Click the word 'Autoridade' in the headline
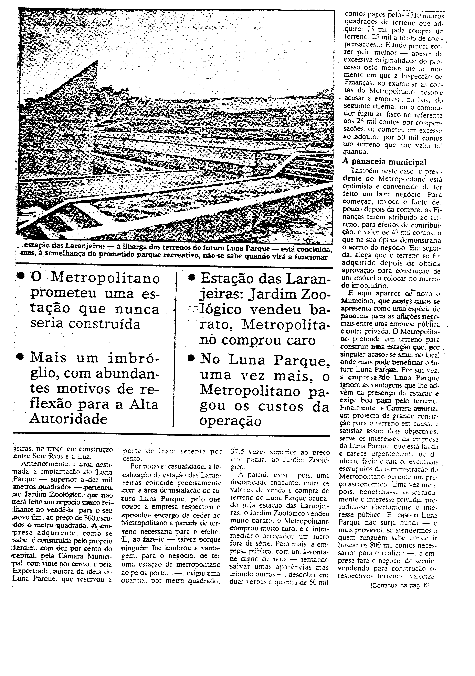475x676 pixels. pyautogui.click(x=69, y=419)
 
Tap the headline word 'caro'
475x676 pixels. pyautogui.click(x=300, y=340)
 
